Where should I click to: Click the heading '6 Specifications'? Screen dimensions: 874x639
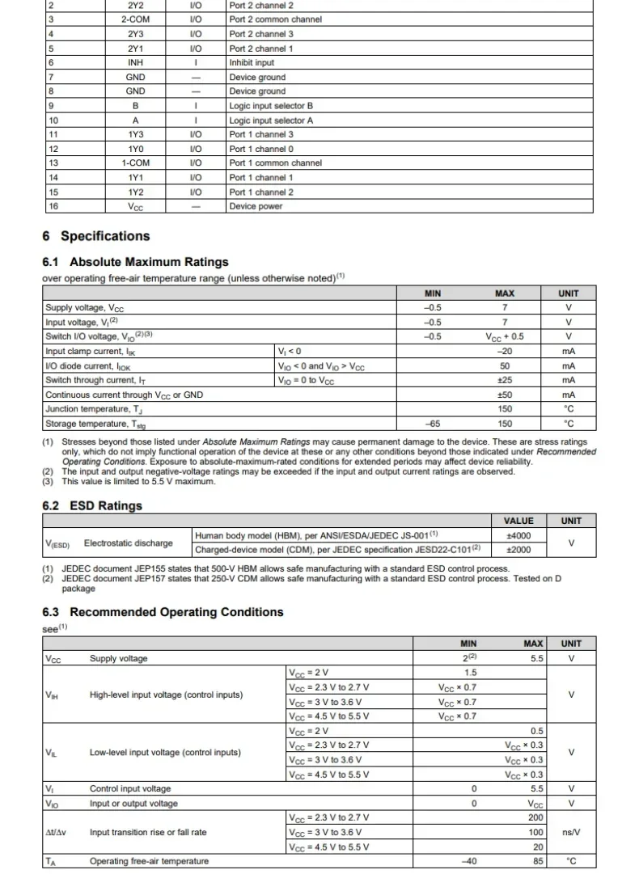coord(95,236)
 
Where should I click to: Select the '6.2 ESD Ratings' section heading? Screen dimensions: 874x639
coord(91,505)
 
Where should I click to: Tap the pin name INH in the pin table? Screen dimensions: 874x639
coord(135,62)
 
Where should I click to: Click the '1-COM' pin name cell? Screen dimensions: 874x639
coord(135,163)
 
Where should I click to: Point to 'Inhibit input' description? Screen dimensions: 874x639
coord(252,62)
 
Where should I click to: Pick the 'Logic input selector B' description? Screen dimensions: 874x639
coord(271,106)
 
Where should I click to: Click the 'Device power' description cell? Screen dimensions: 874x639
coord(256,206)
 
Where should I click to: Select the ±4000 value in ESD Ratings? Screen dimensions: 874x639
coord(518,535)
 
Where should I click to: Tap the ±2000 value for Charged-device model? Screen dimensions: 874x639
coord(518,550)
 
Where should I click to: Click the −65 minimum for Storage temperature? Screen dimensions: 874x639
coord(433,423)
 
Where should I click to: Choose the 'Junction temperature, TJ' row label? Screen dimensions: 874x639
coord(96,409)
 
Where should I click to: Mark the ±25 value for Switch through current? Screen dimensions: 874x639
coord(504,380)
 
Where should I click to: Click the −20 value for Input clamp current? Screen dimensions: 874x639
coord(504,352)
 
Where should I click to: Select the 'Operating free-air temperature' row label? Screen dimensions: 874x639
coord(149,861)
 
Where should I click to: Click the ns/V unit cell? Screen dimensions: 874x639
coord(571,832)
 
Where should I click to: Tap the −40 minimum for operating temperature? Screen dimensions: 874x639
coord(468,861)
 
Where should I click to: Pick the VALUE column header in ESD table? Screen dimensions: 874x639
coord(518,521)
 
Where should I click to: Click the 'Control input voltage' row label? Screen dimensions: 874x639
coord(130,789)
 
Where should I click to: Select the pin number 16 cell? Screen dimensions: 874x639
coord(53,206)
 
